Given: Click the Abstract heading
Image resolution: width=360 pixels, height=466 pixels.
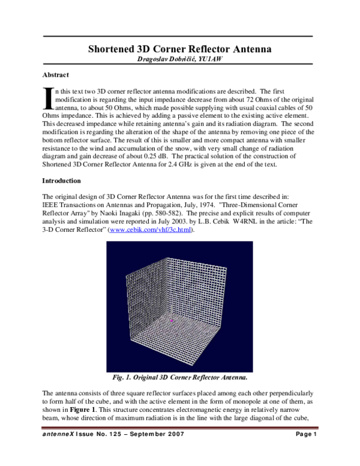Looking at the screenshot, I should pyautogui.click(x=56, y=75).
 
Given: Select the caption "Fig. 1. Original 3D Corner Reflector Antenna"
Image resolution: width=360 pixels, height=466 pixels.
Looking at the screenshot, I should pyautogui.click(x=179, y=378).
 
